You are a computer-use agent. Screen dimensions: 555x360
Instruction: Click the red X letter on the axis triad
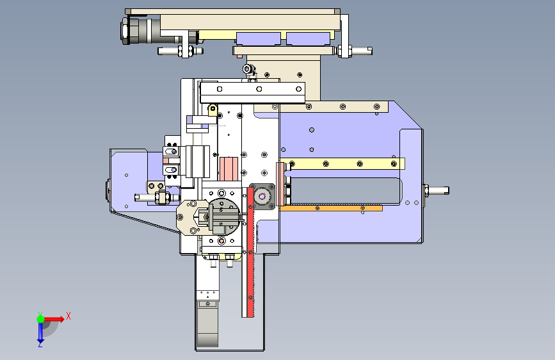point(68,316)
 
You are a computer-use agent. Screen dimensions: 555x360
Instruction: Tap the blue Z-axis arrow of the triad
point(40,333)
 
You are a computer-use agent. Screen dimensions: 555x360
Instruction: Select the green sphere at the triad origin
point(41,319)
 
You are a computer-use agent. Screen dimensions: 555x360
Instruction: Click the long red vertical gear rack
point(250,252)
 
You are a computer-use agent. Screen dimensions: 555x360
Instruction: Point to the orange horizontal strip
point(331,208)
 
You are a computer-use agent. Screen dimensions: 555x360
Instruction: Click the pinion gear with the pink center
point(262,196)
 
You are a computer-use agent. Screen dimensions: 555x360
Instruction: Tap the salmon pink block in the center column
point(229,168)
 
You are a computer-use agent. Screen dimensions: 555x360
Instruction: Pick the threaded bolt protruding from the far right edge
point(436,191)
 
